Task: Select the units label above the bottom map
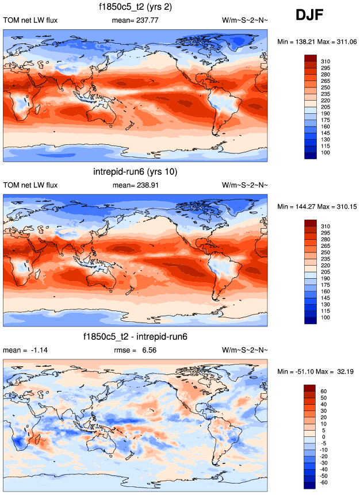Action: point(244,350)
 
